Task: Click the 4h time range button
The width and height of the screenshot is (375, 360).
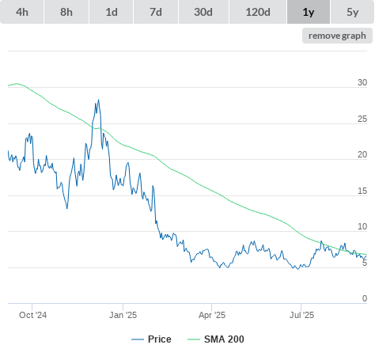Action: (x=22, y=12)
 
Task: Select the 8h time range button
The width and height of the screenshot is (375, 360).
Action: (x=66, y=12)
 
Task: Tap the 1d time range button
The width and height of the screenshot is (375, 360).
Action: (x=112, y=12)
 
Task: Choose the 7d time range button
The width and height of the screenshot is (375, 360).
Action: (x=156, y=12)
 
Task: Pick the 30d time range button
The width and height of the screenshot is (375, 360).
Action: (x=203, y=12)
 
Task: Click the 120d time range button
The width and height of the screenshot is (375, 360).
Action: (x=258, y=12)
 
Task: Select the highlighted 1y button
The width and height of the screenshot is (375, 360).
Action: (x=309, y=12)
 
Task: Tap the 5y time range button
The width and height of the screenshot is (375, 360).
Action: (x=352, y=12)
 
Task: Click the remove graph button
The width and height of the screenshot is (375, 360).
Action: (x=337, y=36)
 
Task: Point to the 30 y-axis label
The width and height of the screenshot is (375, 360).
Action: (x=362, y=82)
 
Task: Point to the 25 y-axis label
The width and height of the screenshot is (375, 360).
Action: (x=362, y=119)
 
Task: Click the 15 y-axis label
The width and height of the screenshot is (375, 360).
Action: (x=362, y=191)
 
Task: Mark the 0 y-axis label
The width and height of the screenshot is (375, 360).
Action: (x=365, y=298)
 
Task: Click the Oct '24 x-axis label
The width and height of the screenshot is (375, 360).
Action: (x=32, y=315)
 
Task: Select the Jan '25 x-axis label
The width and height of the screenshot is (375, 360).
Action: (x=123, y=315)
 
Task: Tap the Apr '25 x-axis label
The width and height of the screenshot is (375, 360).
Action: (x=212, y=315)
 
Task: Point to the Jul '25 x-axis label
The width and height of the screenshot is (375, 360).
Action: (x=301, y=315)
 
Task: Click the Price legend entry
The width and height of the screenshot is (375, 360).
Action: (x=151, y=339)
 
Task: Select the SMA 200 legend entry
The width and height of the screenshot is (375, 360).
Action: (x=216, y=339)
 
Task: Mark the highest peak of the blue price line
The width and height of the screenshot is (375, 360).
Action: (x=99, y=100)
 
